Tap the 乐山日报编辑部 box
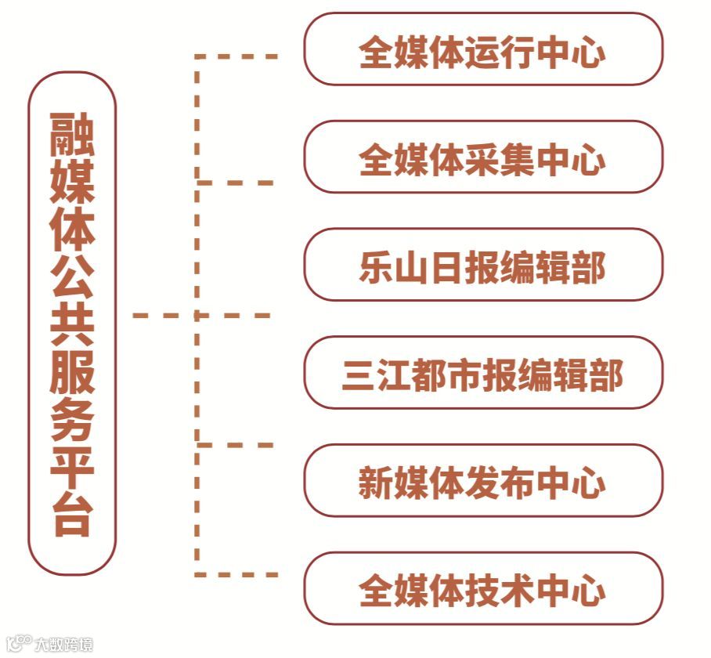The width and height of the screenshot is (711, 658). (482, 266)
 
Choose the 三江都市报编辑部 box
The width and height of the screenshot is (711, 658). (482, 374)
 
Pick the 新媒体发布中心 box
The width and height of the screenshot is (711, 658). (482, 481)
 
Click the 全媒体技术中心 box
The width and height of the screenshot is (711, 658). (482, 589)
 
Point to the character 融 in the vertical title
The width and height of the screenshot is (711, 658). (72, 133)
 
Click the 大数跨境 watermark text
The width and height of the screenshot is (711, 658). (63, 645)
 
